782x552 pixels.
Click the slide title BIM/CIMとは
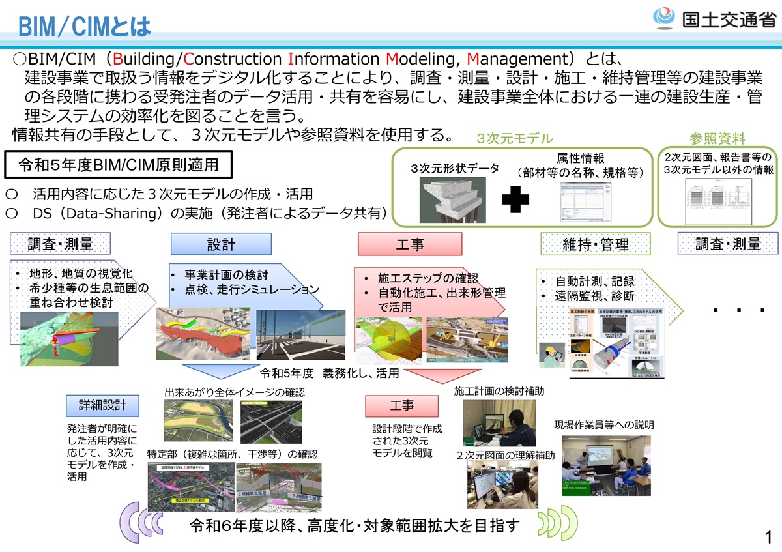click(x=85, y=27)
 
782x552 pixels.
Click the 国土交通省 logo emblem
click(x=664, y=18)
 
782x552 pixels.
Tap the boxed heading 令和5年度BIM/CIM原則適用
click(x=119, y=164)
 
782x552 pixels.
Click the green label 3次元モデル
click(x=515, y=139)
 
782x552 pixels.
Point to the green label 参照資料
click(x=717, y=138)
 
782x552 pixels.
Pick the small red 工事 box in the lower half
click(x=401, y=405)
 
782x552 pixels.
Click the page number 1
click(x=769, y=538)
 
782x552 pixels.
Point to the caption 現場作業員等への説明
click(x=604, y=425)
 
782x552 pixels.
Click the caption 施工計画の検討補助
click(x=499, y=391)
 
